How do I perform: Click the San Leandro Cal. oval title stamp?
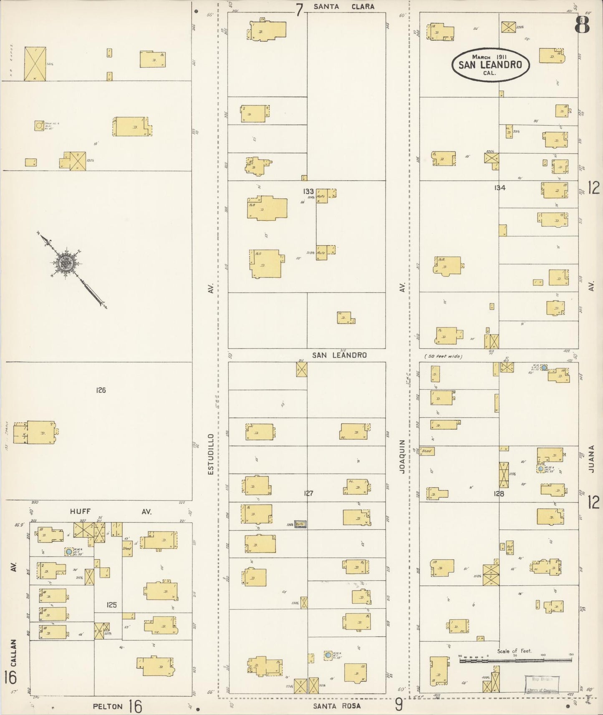click(x=490, y=64)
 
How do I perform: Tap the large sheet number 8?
click(x=582, y=25)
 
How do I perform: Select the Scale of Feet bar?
click(x=515, y=660)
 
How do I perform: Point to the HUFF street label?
click(x=80, y=511)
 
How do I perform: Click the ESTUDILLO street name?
click(x=211, y=454)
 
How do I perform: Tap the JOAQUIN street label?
click(x=402, y=456)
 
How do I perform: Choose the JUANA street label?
click(x=591, y=459)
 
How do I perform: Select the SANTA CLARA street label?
click(x=344, y=7)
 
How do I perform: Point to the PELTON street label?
click(x=108, y=706)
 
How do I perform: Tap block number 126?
click(x=101, y=390)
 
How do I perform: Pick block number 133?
click(x=308, y=191)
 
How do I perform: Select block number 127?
click(x=308, y=493)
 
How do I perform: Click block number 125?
click(x=111, y=604)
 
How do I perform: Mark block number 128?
click(x=499, y=494)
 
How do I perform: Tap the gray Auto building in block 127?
click(x=300, y=524)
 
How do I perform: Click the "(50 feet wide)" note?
click(x=443, y=356)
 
